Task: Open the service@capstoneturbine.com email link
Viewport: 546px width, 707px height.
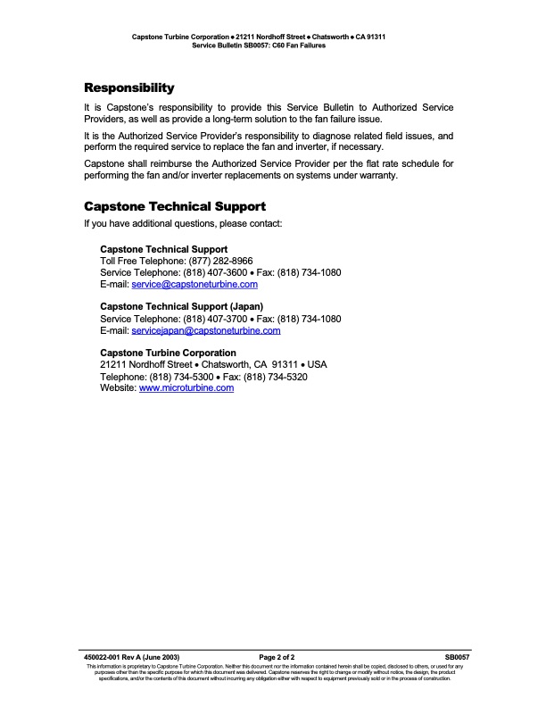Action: click(x=194, y=284)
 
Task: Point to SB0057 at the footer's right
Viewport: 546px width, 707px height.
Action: click(x=457, y=656)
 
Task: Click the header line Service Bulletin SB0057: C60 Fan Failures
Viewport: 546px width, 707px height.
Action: click(x=259, y=45)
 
